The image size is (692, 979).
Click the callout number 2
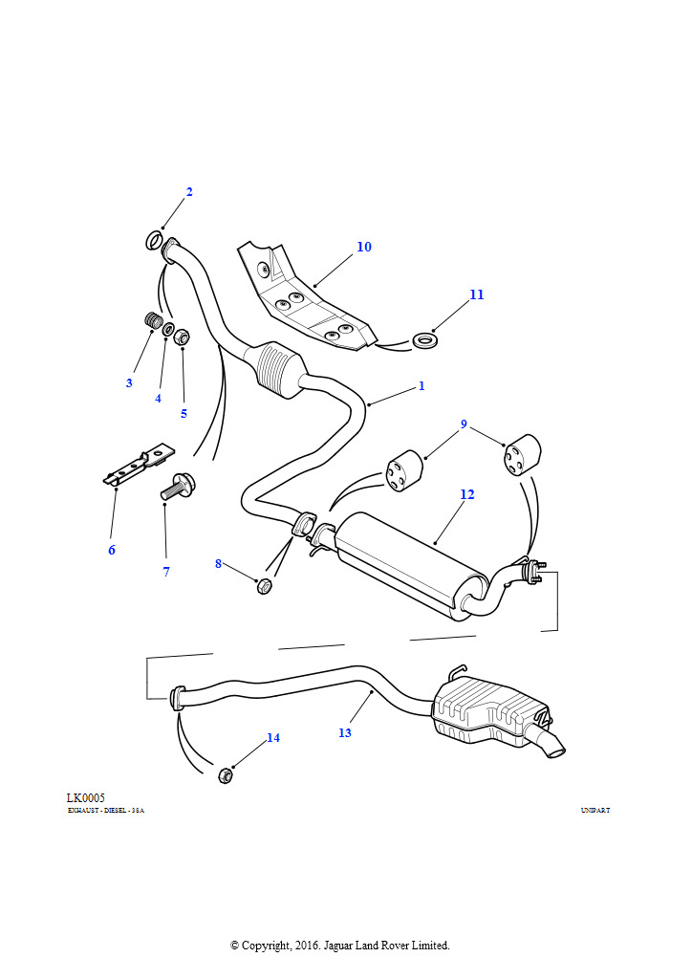click(189, 192)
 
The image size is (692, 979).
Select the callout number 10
click(363, 247)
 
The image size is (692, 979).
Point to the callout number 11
click(476, 294)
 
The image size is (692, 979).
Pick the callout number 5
click(184, 414)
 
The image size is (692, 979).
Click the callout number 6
click(111, 550)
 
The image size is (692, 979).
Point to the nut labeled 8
click(265, 586)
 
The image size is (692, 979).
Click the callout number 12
click(466, 494)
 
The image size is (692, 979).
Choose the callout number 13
click(344, 733)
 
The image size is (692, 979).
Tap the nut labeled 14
click(227, 774)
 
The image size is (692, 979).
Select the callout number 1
click(421, 386)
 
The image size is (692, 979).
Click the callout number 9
click(464, 424)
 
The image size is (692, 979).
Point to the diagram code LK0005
click(85, 798)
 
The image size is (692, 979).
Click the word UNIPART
click(595, 811)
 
